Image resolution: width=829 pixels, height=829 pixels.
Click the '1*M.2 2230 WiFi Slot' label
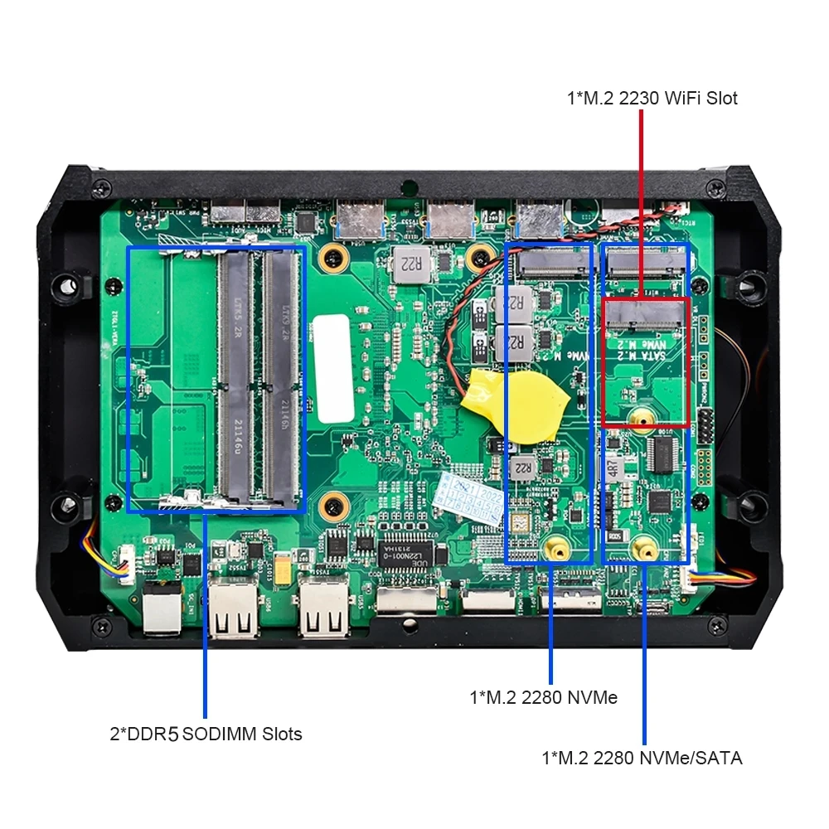(x=652, y=99)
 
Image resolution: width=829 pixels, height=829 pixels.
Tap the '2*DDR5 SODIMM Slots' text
(x=206, y=734)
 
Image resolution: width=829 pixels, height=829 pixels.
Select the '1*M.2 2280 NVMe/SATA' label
(x=642, y=758)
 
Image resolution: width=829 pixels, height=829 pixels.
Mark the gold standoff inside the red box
(x=639, y=420)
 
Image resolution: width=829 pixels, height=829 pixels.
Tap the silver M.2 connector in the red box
(x=645, y=312)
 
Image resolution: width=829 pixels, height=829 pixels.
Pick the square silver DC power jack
(x=162, y=612)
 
